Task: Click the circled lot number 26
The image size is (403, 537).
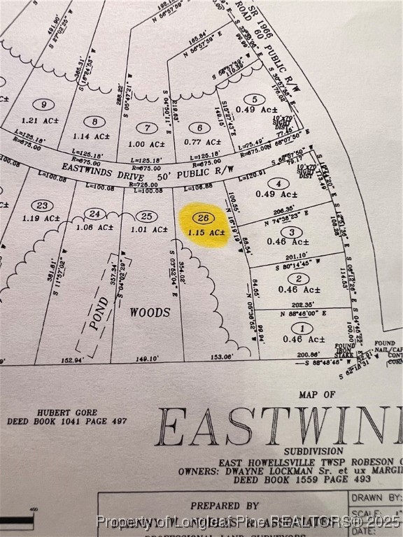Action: (x=204, y=218)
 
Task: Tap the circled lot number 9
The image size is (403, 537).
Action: (x=43, y=105)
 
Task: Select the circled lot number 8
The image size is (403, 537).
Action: (x=94, y=122)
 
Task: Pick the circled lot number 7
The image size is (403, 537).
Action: (x=146, y=128)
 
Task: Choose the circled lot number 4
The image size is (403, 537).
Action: (x=278, y=184)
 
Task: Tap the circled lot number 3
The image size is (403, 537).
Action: (x=291, y=232)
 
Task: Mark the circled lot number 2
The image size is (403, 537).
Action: (x=298, y=279)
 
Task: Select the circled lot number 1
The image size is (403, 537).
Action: (x=302, y=328)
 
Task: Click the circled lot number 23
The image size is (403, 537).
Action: (x=42, y=206)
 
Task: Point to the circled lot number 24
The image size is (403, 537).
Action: (x=95, y=214)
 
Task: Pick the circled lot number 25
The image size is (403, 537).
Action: (x=146, y=217)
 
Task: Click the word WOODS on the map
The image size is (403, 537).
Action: (x=150, y=313)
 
